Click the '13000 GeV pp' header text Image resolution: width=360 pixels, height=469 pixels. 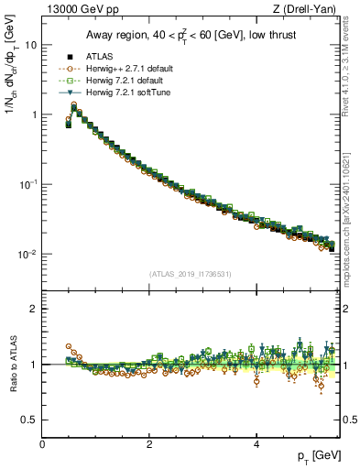click(x=76, y=9)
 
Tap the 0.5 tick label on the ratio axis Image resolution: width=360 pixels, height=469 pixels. click(x=30, y=420)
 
